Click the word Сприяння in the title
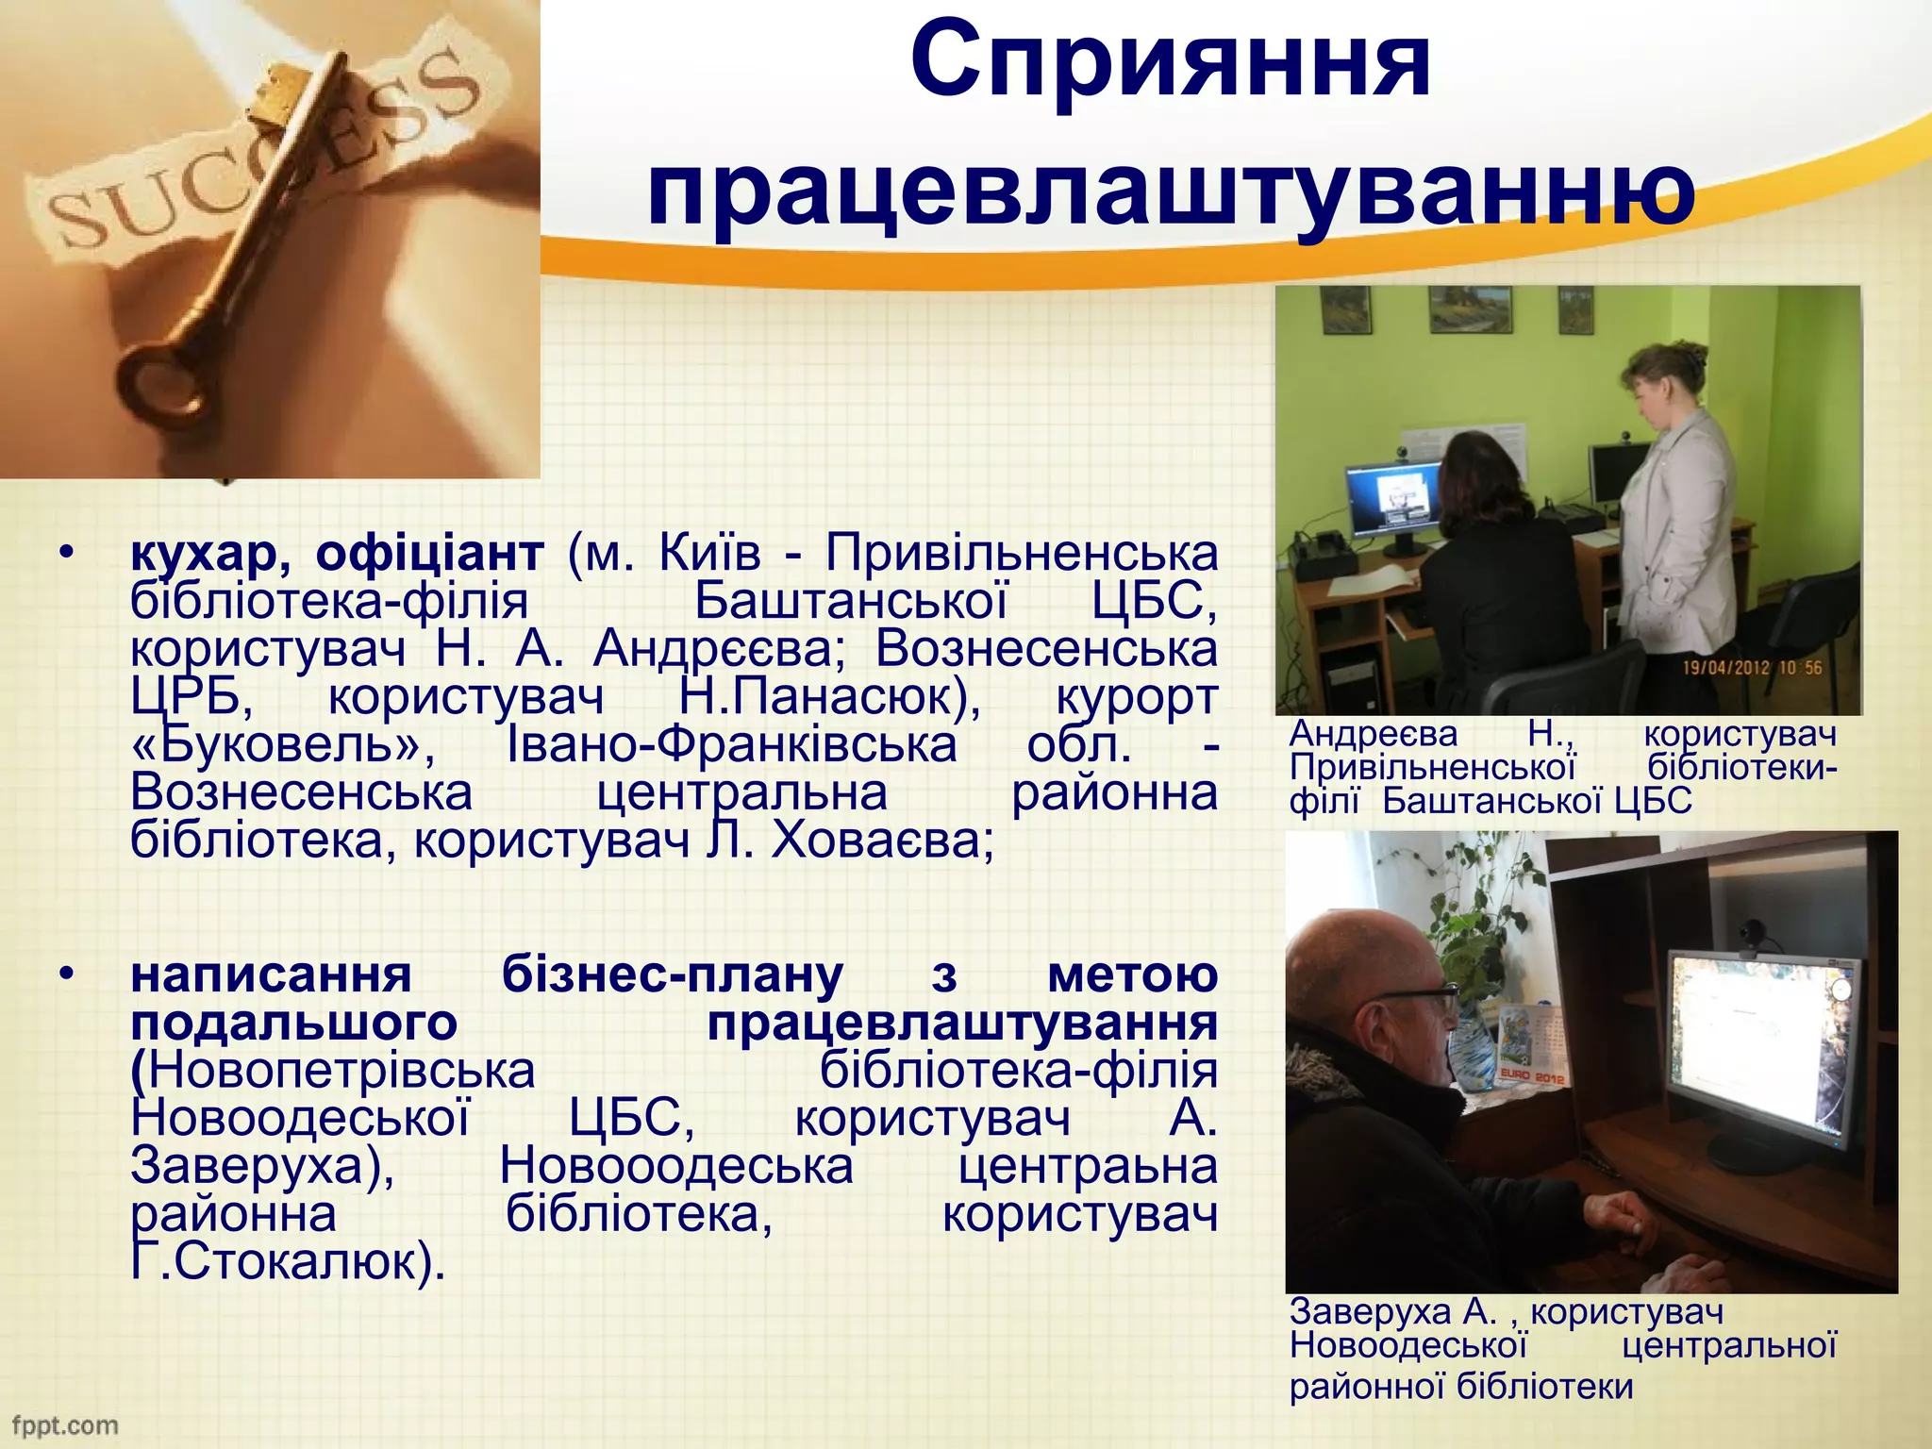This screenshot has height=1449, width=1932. coord(1170,62)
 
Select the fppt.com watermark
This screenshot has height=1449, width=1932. coord(64,1425)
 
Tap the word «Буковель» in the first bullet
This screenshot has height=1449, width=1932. coord(283,745)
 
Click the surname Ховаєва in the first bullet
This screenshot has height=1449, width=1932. coord(882,841)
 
